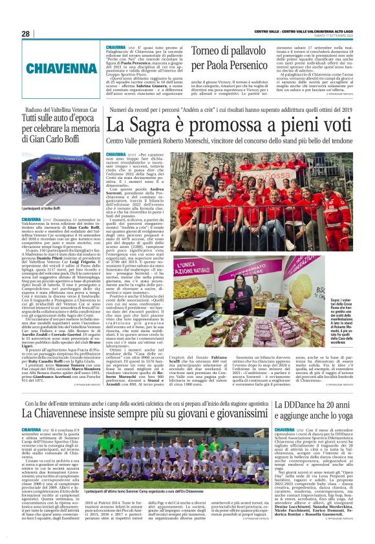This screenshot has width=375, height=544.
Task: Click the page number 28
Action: (x=25, y=34)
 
